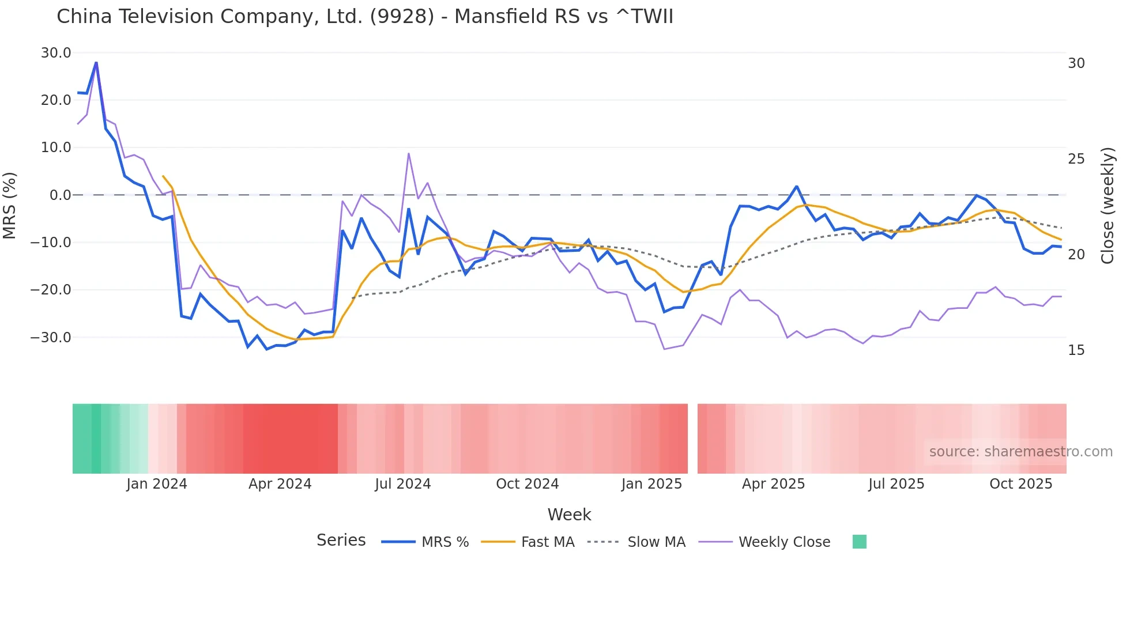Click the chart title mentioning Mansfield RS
pos(364,17)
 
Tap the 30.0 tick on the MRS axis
pos(56,53)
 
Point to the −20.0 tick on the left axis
pos(51,290)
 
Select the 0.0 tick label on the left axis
pos(60,195)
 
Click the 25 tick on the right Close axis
pos(1076,159)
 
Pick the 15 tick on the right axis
pos(1076,350)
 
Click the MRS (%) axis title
pos(10,205)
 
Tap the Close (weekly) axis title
pos(1107,205)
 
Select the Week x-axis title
pos(569,515)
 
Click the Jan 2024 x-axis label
pos(157,484)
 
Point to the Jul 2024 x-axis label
pos(402,484)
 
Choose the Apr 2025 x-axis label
pos(773,484)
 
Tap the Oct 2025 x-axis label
pos(1020,484)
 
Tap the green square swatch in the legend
pos(859,542)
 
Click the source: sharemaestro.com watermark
pos(1020,452)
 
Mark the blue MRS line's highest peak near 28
pos(96,62)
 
